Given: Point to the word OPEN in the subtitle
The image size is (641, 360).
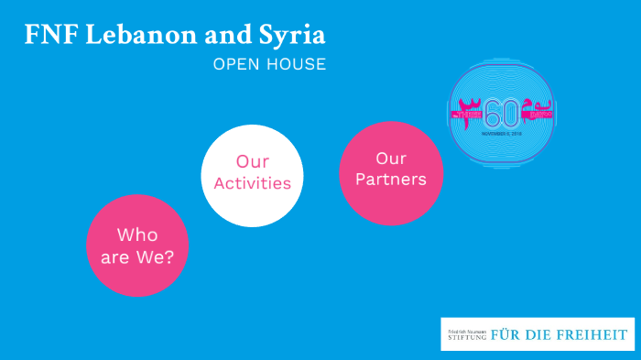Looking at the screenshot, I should [x=234, y=65].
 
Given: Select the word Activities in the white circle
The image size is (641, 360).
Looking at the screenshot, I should [x=252, y=183].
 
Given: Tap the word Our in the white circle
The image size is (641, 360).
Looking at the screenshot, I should [x=252, y=162].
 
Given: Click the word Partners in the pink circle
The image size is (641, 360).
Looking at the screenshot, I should [x=391, y=180].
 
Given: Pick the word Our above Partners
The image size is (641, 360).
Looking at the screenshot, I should [x=391, y=158].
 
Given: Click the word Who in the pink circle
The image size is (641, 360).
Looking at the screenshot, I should [x=137, y=235].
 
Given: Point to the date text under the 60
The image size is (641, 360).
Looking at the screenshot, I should [x=501, y=133].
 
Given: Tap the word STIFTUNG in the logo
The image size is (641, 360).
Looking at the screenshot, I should [x=467, y=338].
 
